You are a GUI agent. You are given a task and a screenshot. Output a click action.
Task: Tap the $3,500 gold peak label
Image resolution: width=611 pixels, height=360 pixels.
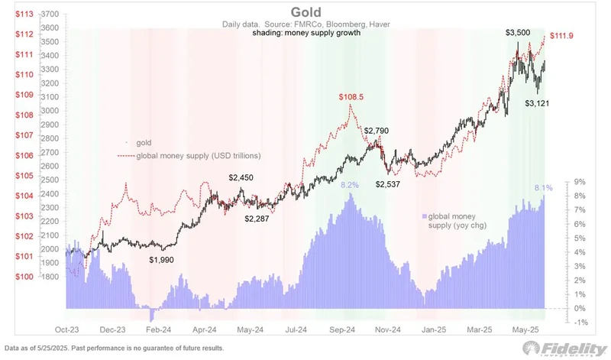coord(520,34)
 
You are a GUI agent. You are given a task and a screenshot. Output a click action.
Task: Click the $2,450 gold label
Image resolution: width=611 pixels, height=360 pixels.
coord(242,177)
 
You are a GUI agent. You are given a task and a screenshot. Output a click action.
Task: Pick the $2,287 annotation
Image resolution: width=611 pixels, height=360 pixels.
coord(257,219)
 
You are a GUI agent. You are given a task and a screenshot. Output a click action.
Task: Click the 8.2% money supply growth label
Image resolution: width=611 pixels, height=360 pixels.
coord(350,186)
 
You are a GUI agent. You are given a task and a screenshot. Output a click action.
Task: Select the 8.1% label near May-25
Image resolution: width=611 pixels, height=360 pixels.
coord(542,187)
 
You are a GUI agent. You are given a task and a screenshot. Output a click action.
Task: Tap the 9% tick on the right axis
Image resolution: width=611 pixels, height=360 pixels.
coord(580,182)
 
